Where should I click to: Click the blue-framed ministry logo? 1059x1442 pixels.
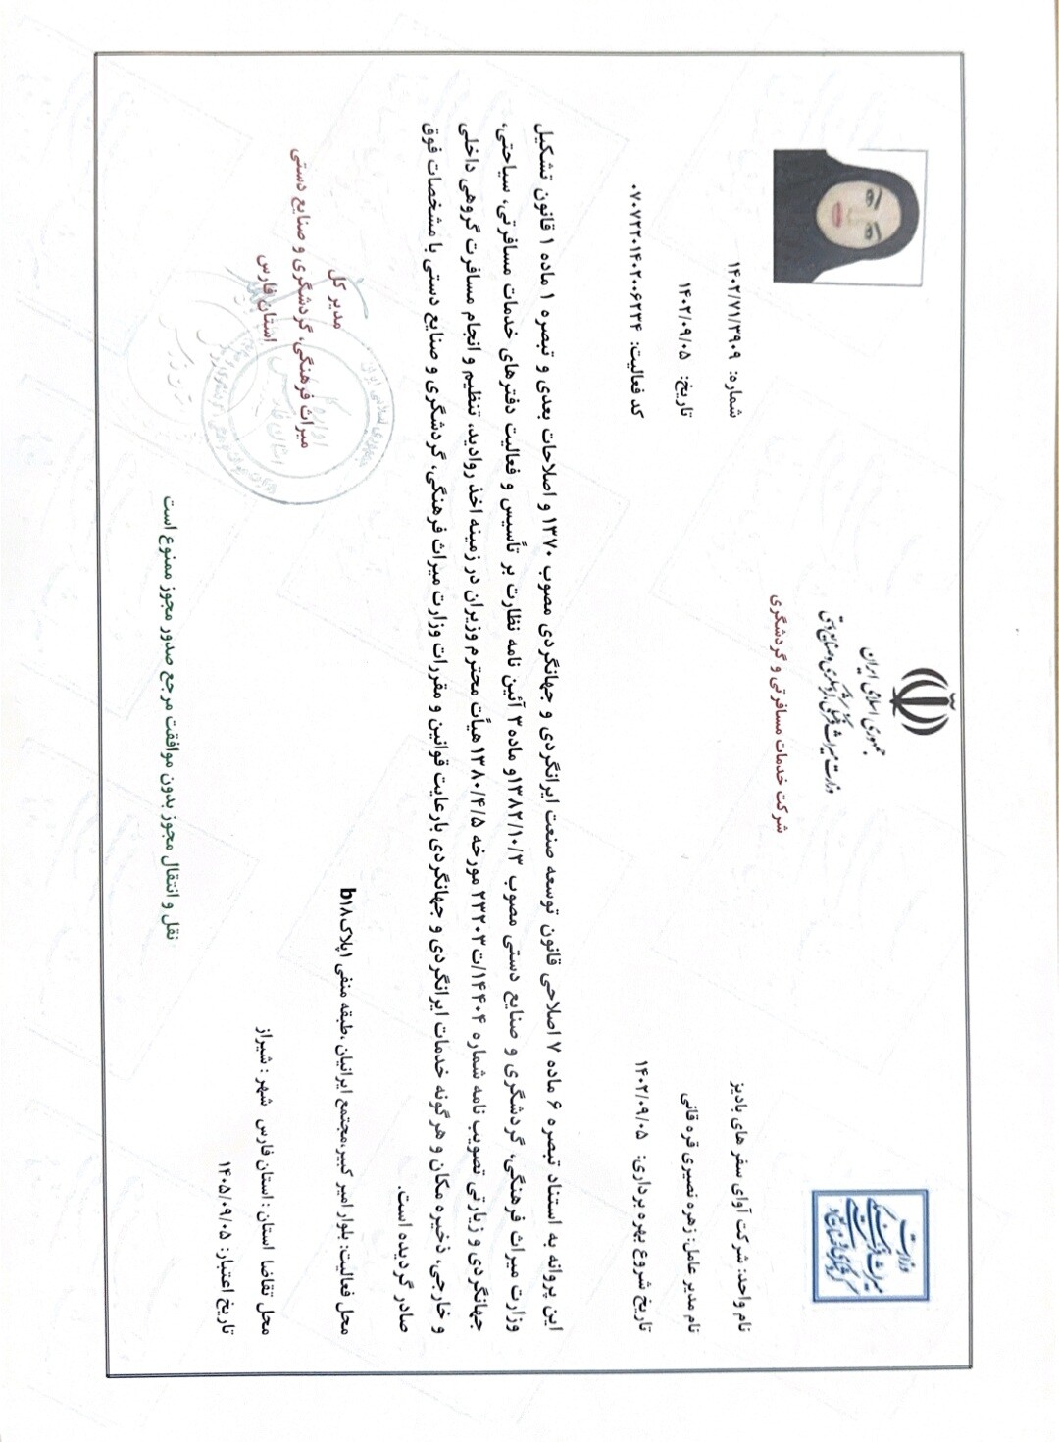tap(869, 1244)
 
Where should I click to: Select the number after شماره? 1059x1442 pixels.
tap(736, 313)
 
